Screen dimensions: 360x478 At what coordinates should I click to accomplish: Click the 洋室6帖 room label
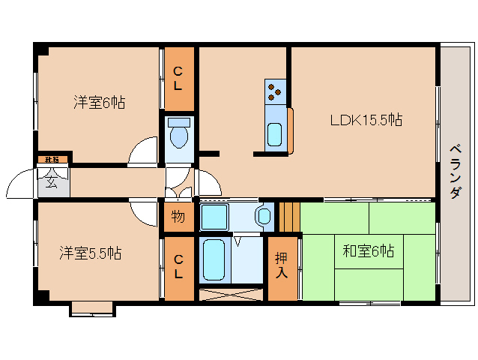pyautogui.click(x=99, y=102)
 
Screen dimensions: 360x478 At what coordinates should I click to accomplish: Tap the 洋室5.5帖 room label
pyautogui.click(x=91, y=253)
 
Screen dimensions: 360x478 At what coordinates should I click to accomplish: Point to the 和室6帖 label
pyautogui.click(x=368, y=251)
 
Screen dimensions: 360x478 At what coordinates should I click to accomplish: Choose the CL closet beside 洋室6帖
pyautogui.click(x=178, y=78)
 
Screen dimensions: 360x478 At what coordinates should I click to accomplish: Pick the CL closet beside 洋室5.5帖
pyautogui.click(x=178, y=267)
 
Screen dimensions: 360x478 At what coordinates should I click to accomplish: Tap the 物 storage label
pyautogui.click(x=178, y=217)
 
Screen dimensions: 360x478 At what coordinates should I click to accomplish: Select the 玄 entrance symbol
pyautogui.click(x=52, y=181)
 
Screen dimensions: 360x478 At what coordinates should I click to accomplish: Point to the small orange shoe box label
pyautogui.click(x=52, y=159)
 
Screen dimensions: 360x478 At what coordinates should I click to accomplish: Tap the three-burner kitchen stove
pyautogui.click(x=275, y=91)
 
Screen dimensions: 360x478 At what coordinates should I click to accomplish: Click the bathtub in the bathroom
pyautogui.click(x=214, y=259)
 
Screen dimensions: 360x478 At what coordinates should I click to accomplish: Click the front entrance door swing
pyautogui.click(x=21, y=184)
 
